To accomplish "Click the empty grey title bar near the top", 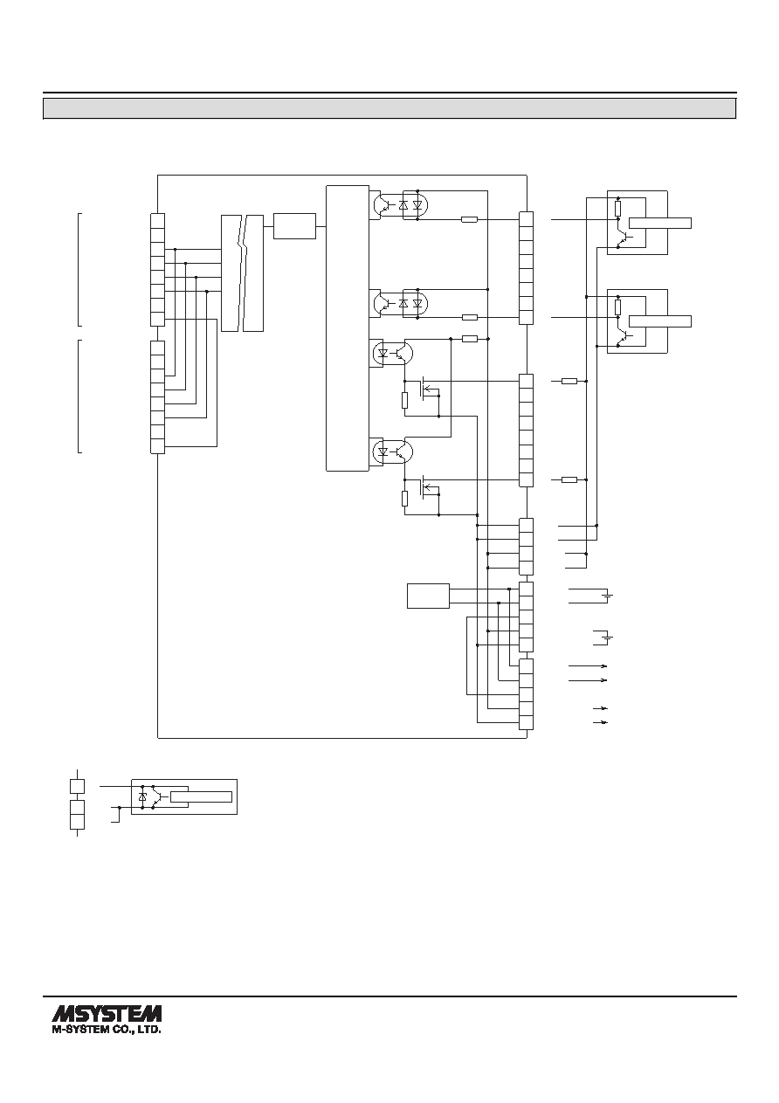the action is (x=389, y=108).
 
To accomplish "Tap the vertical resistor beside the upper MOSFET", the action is (x=404, y=400).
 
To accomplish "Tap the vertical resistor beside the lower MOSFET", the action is (x=404, y=499).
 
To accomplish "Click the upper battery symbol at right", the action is (x=609, y=596).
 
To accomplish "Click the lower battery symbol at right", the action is (x=609, y=638).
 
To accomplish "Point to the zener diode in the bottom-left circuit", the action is (x=143, y=796).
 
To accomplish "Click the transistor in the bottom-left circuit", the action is (x=155, y=796).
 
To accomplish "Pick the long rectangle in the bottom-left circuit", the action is (x=201, y=796).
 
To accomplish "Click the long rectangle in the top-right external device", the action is (x=660, y=223).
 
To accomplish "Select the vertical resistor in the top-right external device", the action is (x=618, y=209).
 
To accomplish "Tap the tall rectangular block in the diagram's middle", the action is (x=348, y=328).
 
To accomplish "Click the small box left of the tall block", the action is (x=294, y=226).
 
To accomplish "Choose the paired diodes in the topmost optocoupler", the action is (x=410, y=205).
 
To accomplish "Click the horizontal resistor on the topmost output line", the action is (x=469, y=219).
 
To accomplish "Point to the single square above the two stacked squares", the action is (x=78, y=786).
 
